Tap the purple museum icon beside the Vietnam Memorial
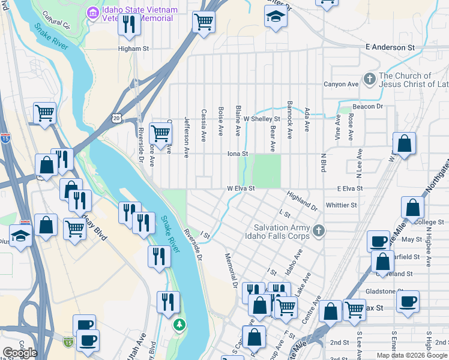click(92, 12)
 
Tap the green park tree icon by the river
click(178, 325)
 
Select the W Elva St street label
click(241, 188)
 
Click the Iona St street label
click(238, 154)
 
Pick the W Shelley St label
click(261, 119)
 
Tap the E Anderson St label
click(390, 47)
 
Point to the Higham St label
click(133, 49)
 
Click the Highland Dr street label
click(302, 201)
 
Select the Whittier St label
click(341, 205)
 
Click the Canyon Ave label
click(340, 84)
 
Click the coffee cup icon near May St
click(378, 240)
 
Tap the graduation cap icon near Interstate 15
click(21, 235)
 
